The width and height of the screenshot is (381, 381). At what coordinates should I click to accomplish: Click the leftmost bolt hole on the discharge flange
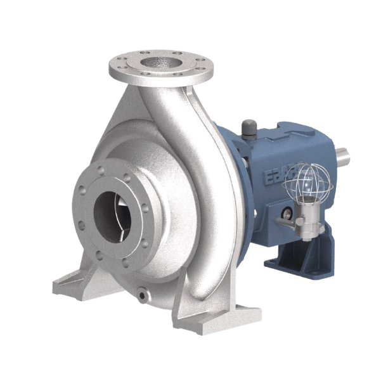coord(119,63)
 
